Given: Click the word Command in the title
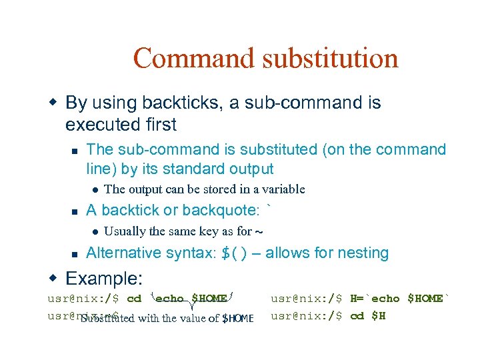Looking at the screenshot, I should point(194,58).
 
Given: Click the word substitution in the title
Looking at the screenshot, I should point(330,58).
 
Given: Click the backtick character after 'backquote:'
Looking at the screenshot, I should point(269,209).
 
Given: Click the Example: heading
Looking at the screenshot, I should point(105,277).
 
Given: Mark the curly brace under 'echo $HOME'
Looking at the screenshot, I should point(192,306).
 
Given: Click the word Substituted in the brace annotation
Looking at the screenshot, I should point(107,318).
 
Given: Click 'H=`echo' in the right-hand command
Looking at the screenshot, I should point(375,299).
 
